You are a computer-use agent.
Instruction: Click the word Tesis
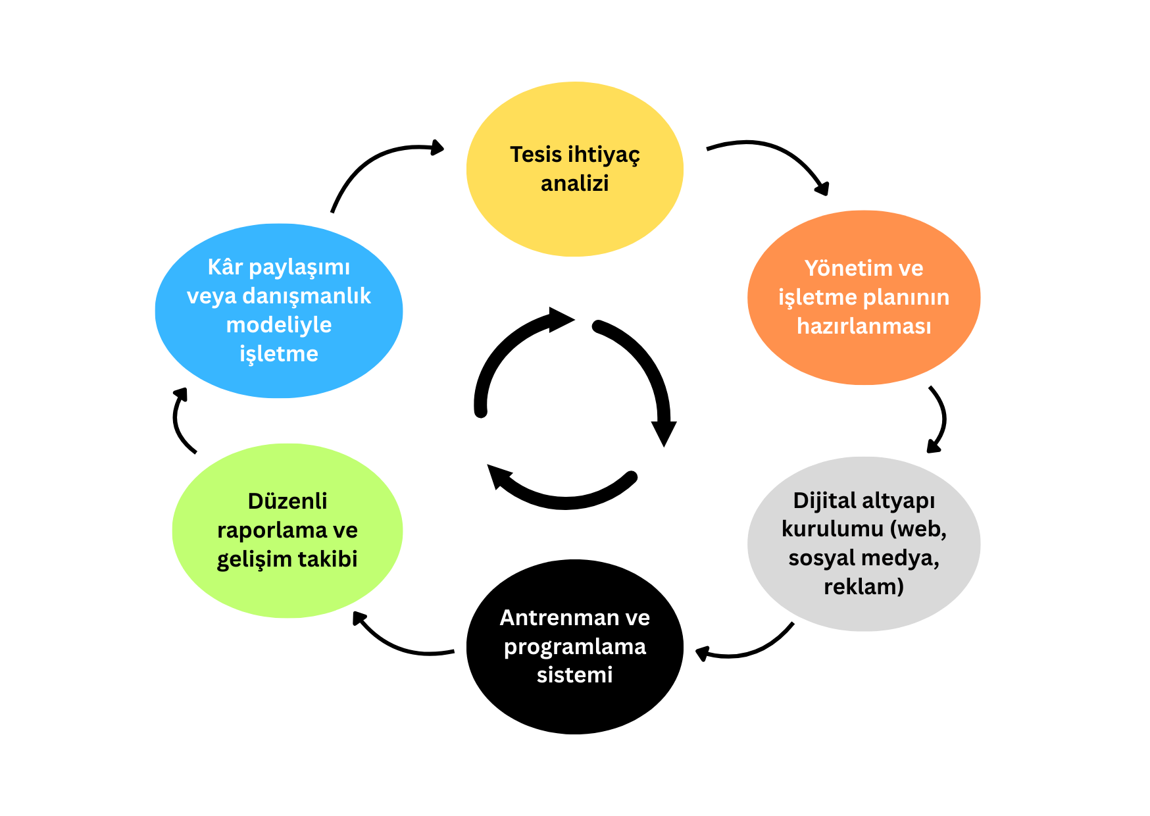tap(536, 155)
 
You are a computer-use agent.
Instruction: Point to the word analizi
tap(574, 184)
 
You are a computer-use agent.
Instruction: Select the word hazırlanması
tap(863, 326)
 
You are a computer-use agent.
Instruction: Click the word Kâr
tap(225, 267)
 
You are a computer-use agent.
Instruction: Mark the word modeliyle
tap(279, 325)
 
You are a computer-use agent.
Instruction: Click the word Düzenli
tap(287, 501)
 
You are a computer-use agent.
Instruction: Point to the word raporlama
tap(272, 530)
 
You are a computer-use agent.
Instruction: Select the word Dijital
tap(824, 501)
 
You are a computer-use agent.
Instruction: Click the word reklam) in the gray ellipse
tap(863, 587)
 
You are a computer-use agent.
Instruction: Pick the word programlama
tap(574, 647)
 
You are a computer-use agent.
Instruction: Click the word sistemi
tap(574, 675)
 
